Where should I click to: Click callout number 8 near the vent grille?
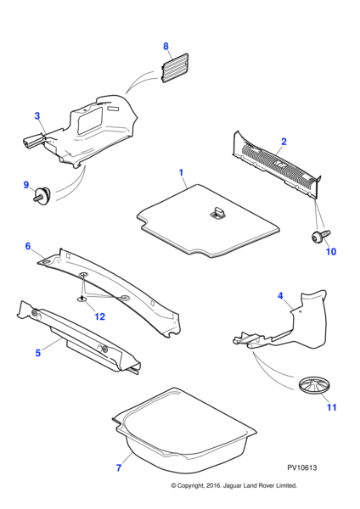(x=166, y=46)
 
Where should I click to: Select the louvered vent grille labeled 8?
(x=175, y=68)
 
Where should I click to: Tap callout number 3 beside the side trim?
(x=37, y=116)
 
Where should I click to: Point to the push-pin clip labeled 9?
(x=42, y=194)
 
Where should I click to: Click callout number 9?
(x=26, y=185)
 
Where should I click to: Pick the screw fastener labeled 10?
(x=321, y=236)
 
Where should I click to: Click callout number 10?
(x=331, y=252)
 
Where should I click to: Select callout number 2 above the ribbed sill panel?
(x=284, y=142)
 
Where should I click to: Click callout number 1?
(x=182, y=172)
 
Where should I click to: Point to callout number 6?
(x=28, y=246)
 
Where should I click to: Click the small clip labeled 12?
(x=82, y=299)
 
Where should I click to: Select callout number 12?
(x=99, y=316)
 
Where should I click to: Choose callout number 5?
(x=38, y=353)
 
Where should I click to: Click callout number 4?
(x=280, y=296)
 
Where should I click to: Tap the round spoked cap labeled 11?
(x=314, y=385)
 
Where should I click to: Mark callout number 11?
(x=331, y=407)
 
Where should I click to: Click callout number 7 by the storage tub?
(x=119, y=467)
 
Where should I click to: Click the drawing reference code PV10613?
(x=302, y=467)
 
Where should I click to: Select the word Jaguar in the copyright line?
(x=233, y=485)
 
